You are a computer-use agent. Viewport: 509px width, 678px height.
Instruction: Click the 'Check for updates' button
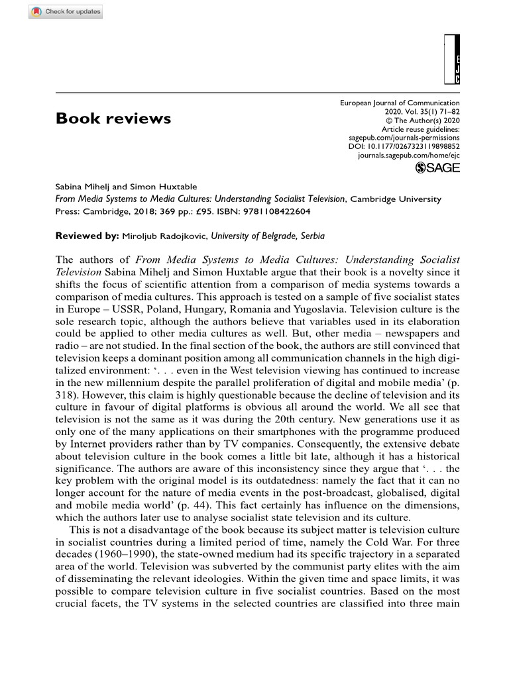click(x=66, y=12)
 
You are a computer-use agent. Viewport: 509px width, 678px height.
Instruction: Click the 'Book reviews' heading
click(x=113, y=119)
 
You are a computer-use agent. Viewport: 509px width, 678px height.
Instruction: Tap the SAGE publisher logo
click(x=437, y=168)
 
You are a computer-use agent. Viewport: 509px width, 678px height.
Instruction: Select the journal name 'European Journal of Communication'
click(x=400, y=103)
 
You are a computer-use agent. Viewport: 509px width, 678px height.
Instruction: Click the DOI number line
click(x=404, y=146)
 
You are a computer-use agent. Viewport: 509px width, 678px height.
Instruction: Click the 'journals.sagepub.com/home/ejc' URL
click(x=408, y=154)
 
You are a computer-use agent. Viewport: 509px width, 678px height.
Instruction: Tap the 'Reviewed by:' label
click(x=87, y=236)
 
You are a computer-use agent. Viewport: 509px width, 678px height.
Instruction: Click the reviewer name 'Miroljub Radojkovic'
click(x=164, y=236)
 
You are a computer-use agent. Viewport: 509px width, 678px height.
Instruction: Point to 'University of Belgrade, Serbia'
click(x=268, y=236)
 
